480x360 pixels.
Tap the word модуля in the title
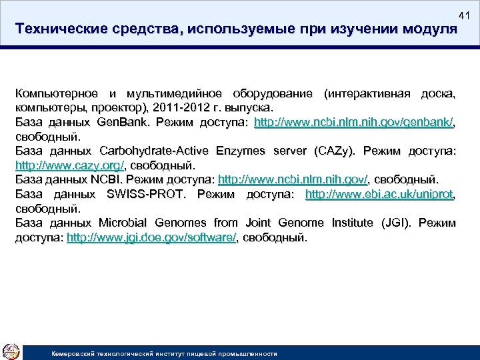click(427, 30)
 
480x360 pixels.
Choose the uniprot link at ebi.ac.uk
click(379, 193)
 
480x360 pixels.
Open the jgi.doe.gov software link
click(151, 237)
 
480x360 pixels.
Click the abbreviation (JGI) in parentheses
click(395, 222)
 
